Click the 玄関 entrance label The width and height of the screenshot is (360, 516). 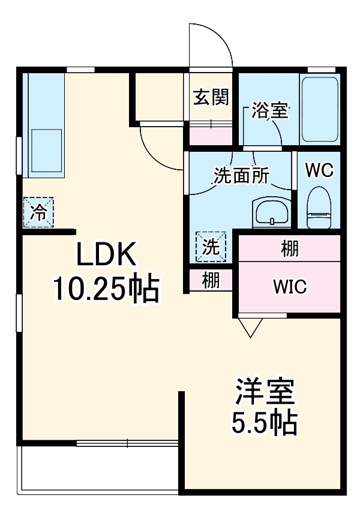click(x=211, y=97)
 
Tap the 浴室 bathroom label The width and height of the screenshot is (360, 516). click(x=270, y=110)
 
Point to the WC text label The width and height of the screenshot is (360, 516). click(x=319, y=170)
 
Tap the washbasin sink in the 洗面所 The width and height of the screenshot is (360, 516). click(x=272, y=212)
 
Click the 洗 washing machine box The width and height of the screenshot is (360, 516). click(x=211, y=247)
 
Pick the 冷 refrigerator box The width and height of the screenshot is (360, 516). click(x=38, y=212)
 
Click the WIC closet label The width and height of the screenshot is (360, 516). click(x=290, y=287)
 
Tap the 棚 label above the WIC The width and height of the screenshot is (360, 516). click(x=290, y=248)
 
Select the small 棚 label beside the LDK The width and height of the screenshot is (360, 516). click(x=210, y=280)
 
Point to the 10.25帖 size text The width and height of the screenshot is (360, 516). click(x=106, y=290)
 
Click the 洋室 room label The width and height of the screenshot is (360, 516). click(x=264, y=393)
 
